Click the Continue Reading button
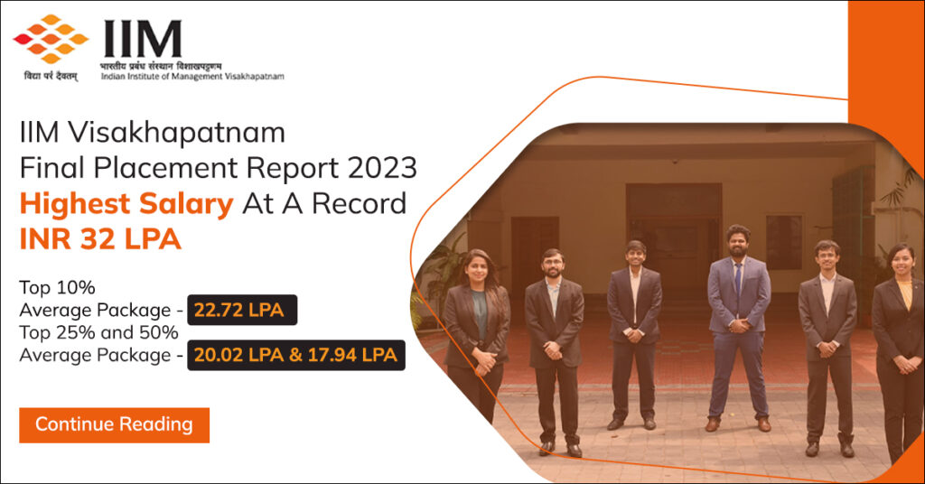pos(114,424)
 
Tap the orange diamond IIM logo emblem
pos(51,39)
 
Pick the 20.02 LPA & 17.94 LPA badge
pos(296,355)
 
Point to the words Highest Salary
pos(126,204)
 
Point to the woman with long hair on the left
pos(476,339)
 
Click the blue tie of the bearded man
pos(738,280)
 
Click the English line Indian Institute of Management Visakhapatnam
pos(192,77)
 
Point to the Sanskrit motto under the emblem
pos(51,77)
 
